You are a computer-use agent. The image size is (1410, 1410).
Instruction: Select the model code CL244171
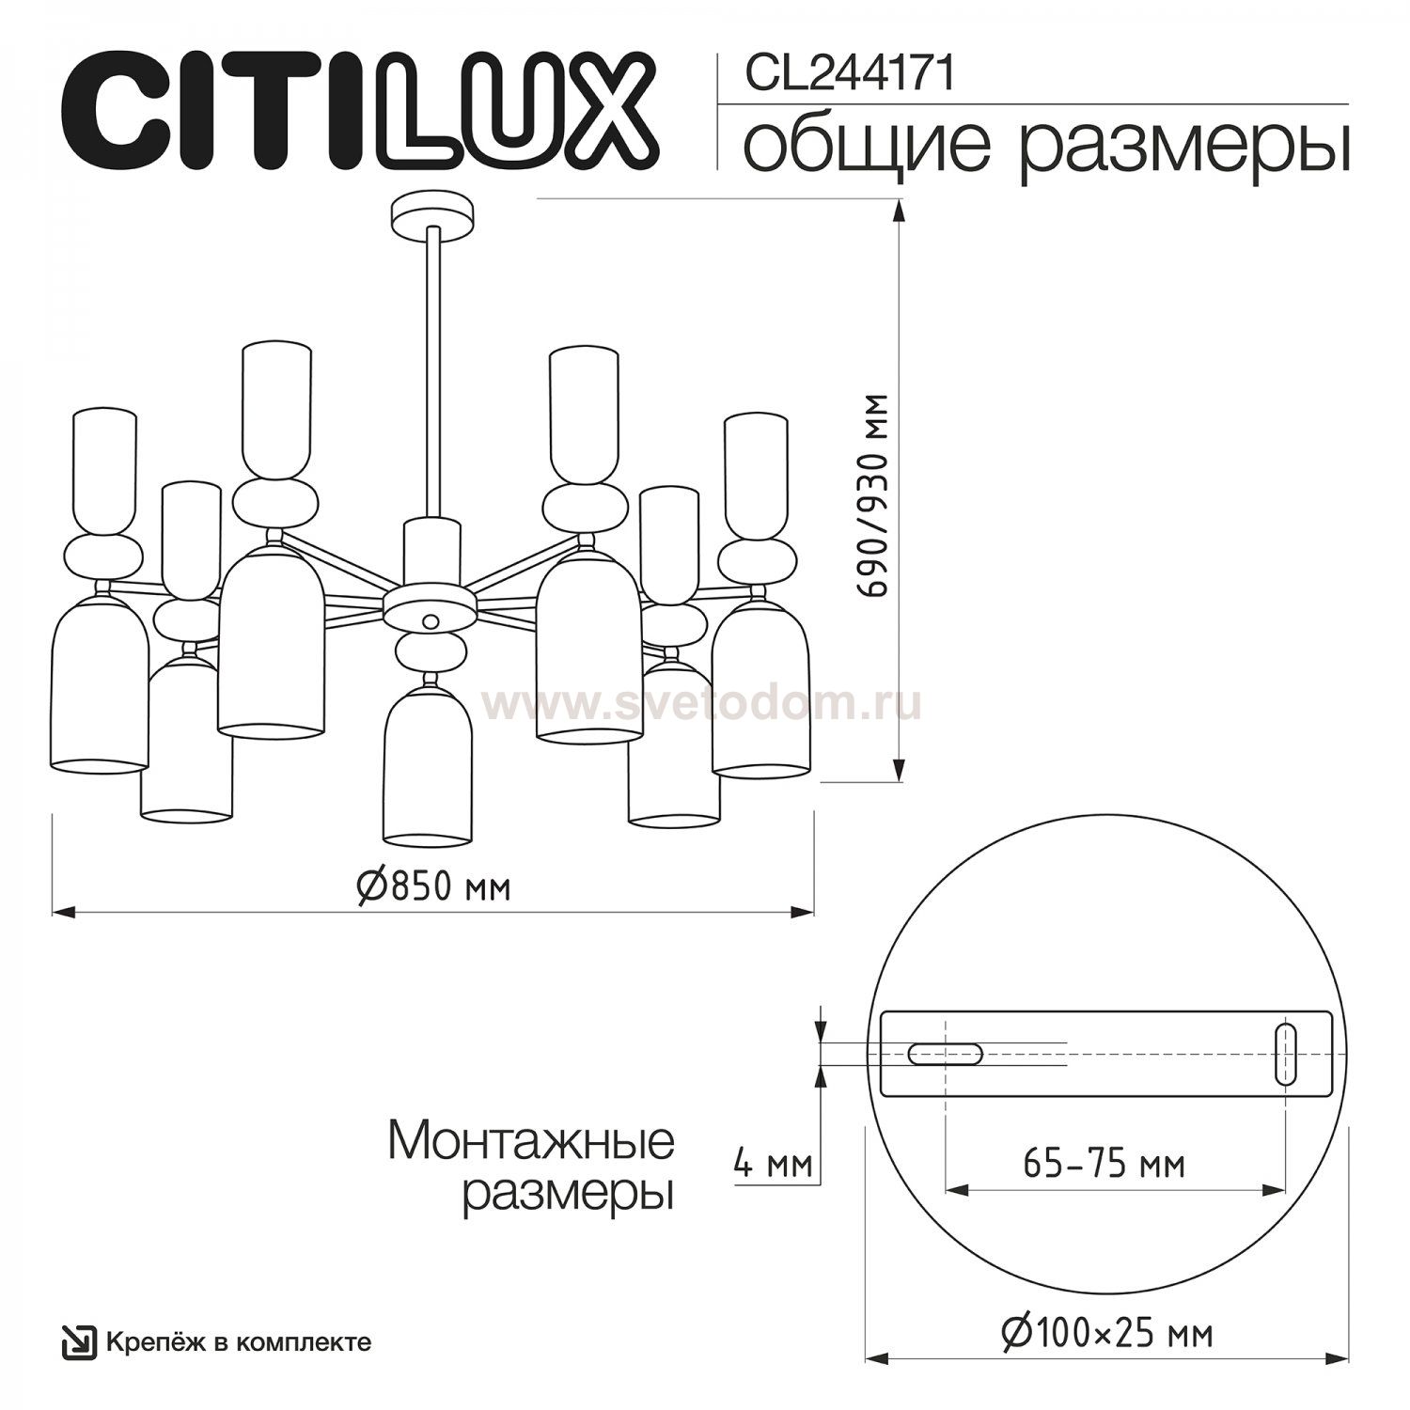pyautogui.click(x=850, y=74)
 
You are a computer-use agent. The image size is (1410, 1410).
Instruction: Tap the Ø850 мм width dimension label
pyautogui.click(x=433, y=885)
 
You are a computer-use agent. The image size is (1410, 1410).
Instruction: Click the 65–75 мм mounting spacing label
pyautogui.click(x=1104, y=1165)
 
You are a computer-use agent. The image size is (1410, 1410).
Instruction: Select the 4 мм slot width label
pyautogui.click(x=773, y=1166)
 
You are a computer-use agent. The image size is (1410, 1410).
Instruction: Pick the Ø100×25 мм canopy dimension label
pyautogui.click(x=1106, y=1333)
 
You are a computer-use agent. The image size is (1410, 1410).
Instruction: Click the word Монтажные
pyautogui.click(x=531, y=1140)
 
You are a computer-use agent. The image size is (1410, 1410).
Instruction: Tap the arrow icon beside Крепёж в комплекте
pyautogui.click(x=79, y=1342)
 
